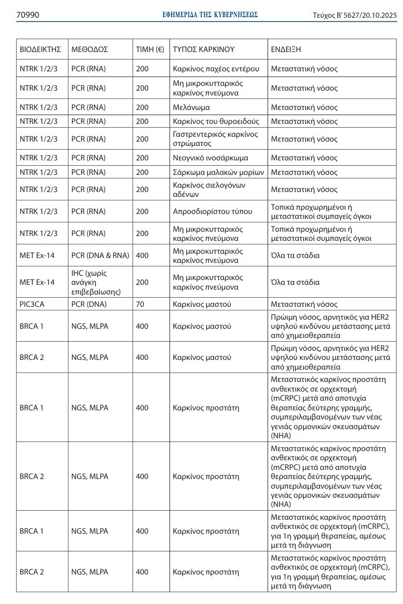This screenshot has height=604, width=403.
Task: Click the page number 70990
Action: click(x=27, y=15)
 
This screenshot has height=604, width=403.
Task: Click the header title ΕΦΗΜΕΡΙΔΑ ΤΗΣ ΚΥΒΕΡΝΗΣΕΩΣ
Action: click(x=210, y=15)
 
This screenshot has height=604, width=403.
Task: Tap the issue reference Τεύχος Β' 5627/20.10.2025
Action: click(x=354, y=16)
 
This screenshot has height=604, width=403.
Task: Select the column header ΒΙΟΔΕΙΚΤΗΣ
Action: click(x=40, y=49)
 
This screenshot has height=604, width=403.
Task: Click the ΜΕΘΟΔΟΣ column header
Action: click(x=90, y=49)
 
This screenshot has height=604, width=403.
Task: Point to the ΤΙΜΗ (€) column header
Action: click(x=150, y=49)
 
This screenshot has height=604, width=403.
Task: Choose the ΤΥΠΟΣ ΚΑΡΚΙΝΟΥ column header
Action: click(x=204, y=49)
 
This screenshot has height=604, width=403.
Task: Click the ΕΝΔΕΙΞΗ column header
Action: click(x=286, y=49)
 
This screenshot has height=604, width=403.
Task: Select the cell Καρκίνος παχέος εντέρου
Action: click(x=216, y=69)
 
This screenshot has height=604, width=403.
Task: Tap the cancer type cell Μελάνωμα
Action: click(x=191, y=107)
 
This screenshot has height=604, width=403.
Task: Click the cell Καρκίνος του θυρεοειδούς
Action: click(x=216, y=121)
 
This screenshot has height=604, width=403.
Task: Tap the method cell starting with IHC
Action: click(x=96, y=282)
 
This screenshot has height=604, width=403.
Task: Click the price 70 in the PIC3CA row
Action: click(x=140, y=304)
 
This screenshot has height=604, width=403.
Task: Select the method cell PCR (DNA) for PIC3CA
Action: click(x=89, y=304)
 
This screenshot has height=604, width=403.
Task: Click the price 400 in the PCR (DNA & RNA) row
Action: click(x=142, y=255)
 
